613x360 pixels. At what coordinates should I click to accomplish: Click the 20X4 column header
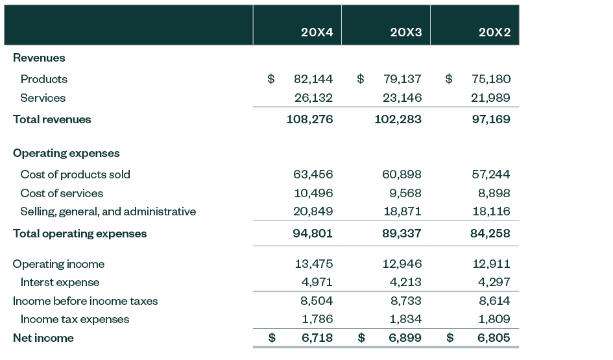(317, 33)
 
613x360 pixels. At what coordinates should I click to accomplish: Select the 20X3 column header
(405, 33)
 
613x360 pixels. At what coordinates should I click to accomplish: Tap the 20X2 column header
(494, 33)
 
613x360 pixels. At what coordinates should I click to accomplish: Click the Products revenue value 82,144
(313, 79)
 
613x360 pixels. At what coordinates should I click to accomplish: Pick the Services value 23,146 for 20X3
(402, 98)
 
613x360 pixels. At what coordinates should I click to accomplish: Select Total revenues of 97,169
(490, 119)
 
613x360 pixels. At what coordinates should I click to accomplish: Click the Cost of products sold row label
(75, 174)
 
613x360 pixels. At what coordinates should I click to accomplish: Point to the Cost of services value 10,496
(313, 193)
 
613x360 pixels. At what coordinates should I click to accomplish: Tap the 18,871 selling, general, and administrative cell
(402, 211)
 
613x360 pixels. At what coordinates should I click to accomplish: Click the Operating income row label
(58, 264)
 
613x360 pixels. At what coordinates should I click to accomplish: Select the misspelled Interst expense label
(60, 282)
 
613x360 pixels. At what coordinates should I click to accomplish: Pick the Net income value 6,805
(494, 338)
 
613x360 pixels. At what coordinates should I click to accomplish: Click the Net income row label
(43, 338)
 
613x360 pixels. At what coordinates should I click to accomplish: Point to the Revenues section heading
(39, 58)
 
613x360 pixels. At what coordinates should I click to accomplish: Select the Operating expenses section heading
(66, 153)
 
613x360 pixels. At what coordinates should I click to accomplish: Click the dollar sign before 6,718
(272, 338)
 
